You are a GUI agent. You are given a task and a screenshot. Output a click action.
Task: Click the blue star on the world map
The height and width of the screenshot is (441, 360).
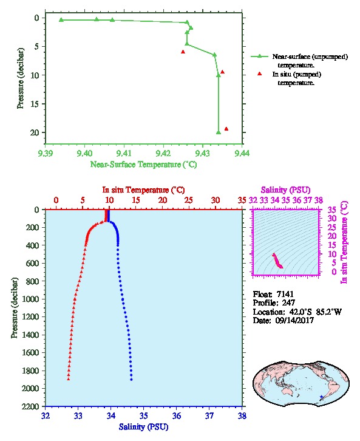(322, 397)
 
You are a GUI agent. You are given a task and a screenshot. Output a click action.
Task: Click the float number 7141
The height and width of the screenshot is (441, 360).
(285, 294)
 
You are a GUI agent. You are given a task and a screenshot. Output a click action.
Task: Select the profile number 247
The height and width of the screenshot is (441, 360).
(288, 303)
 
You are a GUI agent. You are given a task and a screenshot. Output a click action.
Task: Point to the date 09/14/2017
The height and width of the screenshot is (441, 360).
(294, 320)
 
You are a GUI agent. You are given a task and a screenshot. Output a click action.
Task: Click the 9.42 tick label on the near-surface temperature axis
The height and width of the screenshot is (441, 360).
(163, 153)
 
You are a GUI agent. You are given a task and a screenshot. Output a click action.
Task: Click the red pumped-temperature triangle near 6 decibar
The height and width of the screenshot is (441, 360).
(183, 52)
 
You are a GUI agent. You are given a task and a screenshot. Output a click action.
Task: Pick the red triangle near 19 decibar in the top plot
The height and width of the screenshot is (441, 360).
(226, 129)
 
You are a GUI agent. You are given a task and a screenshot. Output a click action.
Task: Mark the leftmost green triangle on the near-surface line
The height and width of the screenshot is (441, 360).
(61, 19)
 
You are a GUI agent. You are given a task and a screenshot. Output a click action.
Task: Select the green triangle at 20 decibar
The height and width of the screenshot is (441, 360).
(219, 132)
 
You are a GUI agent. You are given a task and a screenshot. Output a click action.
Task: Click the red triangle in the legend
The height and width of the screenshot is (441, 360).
(259, 73)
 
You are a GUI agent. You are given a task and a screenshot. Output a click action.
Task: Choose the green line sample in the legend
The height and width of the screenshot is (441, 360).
(259, 56)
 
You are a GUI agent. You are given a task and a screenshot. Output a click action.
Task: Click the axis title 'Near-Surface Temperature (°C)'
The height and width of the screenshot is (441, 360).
(143, 165)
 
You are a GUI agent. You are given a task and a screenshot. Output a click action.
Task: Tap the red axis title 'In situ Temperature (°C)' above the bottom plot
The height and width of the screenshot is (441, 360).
(143, 190)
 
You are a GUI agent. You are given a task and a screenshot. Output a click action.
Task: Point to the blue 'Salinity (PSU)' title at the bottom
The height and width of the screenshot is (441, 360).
(143, 426)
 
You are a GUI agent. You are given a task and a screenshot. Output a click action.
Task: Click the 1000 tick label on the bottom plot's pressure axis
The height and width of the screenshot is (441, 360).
(30, 299)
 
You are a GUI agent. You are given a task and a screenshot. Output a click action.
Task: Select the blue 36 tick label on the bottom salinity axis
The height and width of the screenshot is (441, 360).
(177, 415)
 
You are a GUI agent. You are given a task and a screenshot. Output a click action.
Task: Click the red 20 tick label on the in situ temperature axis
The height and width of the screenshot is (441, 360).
(163, 200)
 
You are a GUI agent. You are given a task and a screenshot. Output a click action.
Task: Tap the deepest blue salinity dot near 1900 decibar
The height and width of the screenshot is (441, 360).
(131, 380)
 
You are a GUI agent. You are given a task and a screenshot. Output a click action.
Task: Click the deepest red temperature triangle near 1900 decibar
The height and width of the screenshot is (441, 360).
(68, 379)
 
